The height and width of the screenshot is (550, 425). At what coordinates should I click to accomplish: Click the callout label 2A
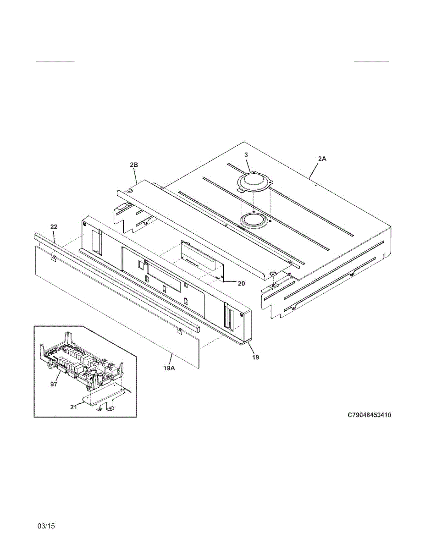(x=322, y=159)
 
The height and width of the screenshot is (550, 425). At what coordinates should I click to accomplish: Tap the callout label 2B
(x=134, y=164)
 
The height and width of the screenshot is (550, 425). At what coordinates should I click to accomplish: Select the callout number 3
(x=246, y=155)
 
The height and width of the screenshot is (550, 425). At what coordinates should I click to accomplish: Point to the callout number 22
(x=54, y=227)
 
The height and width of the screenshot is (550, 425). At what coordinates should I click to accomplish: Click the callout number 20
(x=241, y=283)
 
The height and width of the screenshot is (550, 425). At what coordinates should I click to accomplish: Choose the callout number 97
(x=54, y=384)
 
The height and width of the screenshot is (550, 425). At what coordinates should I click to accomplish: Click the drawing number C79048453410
(x=369, y=415)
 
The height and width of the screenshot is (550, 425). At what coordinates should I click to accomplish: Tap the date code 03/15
(x=46, y=526)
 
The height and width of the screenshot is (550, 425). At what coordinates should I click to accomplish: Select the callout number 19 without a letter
(x=255, y=357)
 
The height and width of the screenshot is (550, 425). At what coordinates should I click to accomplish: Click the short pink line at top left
(x=55, y=61)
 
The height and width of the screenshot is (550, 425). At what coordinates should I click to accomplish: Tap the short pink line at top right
(x=371, y=61)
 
